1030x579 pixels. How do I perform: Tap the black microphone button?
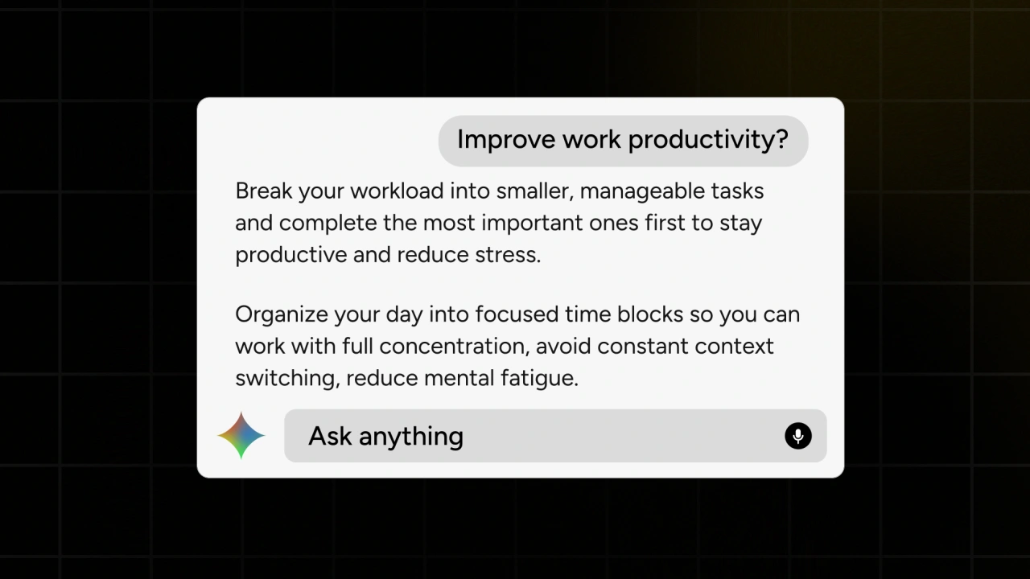[x=797, y=436]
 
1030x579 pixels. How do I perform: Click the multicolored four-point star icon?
[x=241, y=436]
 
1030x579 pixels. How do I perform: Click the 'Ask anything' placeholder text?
[x=385, y=436]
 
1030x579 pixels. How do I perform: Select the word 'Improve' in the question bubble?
[x=506, y=140]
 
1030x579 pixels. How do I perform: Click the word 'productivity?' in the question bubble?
[x=709, y=140]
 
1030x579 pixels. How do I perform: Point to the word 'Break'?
[x=264, y=191]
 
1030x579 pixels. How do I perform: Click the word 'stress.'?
[x=508, y=255]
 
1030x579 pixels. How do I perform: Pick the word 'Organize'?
[x=282, y=314]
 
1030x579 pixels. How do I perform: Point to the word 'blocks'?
[x=650, y=314]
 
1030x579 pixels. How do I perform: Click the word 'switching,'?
[x=288, y=379]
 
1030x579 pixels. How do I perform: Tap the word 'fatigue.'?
[x=539, y=379]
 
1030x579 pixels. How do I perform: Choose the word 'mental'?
[x=459, y=379]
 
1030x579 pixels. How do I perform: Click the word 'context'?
[x=735, y=347]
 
